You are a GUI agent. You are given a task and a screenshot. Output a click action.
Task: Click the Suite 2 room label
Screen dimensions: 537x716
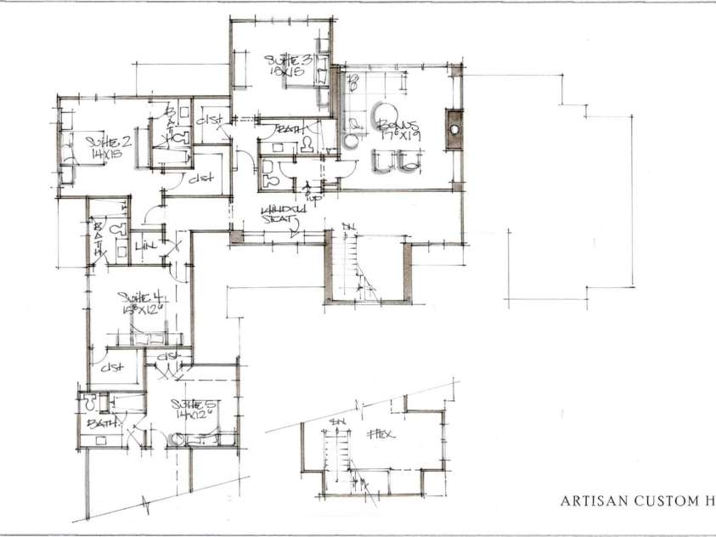(x=100, y=144)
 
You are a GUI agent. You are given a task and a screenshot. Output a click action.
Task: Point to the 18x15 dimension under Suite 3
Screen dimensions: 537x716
(x=283, y=74)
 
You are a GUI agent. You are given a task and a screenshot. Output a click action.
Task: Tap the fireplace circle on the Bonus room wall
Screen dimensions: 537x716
(x=454, y=129)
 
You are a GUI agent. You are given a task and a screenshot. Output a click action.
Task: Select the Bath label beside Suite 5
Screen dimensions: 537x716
(x=99, y=421)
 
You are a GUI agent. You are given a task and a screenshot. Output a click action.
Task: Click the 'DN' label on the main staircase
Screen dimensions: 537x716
(x=347, y=226)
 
